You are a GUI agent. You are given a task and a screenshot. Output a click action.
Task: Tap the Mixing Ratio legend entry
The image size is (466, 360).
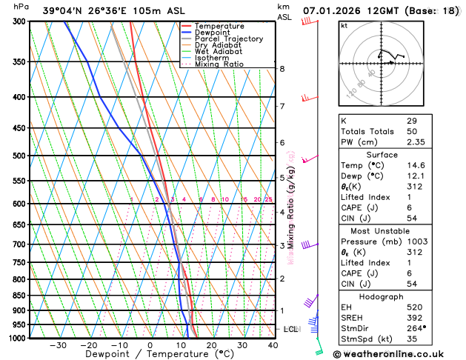219,64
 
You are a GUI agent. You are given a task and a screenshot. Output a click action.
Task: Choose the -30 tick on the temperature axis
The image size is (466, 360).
58,345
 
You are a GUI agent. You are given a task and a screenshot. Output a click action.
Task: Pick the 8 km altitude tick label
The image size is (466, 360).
282,69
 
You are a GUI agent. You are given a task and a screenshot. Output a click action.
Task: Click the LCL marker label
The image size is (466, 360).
290,329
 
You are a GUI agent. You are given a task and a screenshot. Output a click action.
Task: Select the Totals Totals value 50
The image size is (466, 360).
412,131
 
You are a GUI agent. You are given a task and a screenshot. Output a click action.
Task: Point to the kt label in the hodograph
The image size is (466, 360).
344,25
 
